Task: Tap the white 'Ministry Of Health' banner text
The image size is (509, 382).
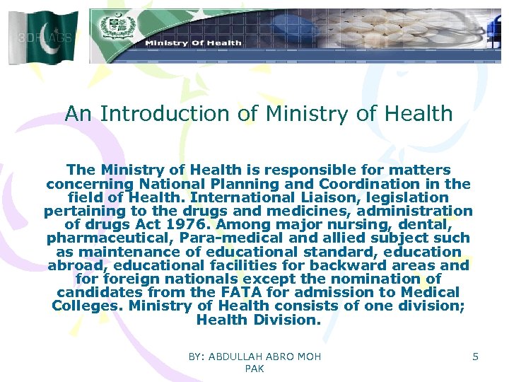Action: click(193, 43)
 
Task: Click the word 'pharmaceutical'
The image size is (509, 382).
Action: click(109, 238)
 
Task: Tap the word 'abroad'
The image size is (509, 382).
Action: click(76, 265)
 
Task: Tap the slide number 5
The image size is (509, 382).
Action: click(475, 357)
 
